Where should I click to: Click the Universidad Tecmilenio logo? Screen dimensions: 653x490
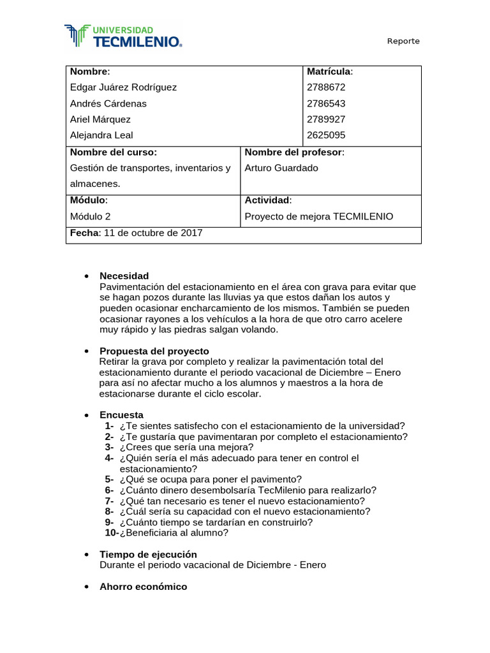[x=123, y=36]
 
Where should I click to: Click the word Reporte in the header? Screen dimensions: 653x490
[x=403, y=41]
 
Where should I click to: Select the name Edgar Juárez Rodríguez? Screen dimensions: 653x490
[x=123, y=87]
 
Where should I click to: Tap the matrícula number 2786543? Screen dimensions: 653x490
[x=326, y=103]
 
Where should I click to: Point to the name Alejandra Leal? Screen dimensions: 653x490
[x=101, y=135]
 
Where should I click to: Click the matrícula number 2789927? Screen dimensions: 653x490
[x=326, y=119]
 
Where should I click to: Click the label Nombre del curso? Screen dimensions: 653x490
[x=113, y=152]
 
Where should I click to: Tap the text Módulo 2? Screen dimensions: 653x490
[x=90, y=217]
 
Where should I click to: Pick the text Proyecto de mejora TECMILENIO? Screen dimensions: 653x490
[x=319, y=217]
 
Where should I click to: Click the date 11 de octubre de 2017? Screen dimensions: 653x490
[x=152, y=233]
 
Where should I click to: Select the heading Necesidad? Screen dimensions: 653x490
[x=124, y=276]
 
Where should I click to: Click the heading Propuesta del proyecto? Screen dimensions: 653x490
[x=154, y=351]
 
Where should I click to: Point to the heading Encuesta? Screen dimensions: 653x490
[x=121, y=415]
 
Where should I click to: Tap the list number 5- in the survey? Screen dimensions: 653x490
[x=109, y=480]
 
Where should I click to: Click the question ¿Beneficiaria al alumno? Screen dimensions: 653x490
[x=174, y=533]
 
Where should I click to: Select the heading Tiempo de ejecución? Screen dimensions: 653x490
[x=148, y=554]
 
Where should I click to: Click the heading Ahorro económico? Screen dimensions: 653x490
[x=143, y=587]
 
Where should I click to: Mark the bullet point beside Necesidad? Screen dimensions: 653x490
[x=85, y=277]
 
